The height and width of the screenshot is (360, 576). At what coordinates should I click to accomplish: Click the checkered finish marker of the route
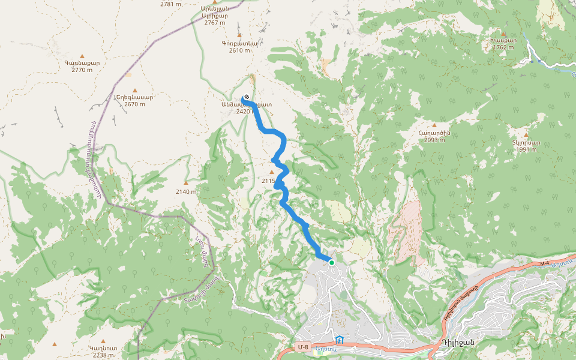[246, 98]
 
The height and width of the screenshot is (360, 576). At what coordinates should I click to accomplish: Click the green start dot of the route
[331, 262]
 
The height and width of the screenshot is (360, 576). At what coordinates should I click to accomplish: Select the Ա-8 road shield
[304, 347]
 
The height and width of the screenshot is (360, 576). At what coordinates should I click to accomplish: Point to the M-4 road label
[544, 263]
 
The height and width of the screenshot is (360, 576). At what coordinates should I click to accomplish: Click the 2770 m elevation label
[82, 70]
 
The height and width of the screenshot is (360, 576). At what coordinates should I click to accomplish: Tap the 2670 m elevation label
[134, 104]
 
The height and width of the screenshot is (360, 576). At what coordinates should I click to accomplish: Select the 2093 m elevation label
[434, 140]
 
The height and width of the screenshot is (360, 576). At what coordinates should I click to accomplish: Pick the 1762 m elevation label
[503, 47]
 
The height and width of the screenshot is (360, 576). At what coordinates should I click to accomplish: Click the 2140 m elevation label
[186, 191]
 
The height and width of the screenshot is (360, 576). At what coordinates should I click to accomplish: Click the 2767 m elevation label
[215, 23]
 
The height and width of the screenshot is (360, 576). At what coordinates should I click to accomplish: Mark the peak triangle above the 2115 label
[271, 172]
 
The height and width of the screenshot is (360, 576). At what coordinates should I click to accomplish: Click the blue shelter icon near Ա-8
[340, 340]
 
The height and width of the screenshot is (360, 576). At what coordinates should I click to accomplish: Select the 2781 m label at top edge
[171, 4]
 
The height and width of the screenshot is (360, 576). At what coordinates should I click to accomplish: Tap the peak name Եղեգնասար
[134, 97]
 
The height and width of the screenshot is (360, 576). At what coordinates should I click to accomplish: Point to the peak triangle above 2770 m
[82, 56]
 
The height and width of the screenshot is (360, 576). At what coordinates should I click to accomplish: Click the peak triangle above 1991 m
[526, 136]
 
